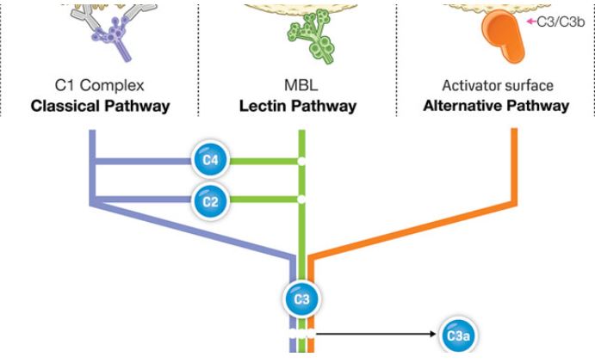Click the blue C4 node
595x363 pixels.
pos(208,159)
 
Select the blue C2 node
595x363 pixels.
pos(208,200)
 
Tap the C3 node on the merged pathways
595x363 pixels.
pos(301,298)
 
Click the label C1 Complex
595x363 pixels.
pos(99,87)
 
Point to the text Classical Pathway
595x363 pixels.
pos(99,106)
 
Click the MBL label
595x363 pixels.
pos(297,87)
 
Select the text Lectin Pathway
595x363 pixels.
pos(297,106)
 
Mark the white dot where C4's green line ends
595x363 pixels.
pos(301,160)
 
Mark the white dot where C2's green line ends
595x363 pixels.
pos(301,200)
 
